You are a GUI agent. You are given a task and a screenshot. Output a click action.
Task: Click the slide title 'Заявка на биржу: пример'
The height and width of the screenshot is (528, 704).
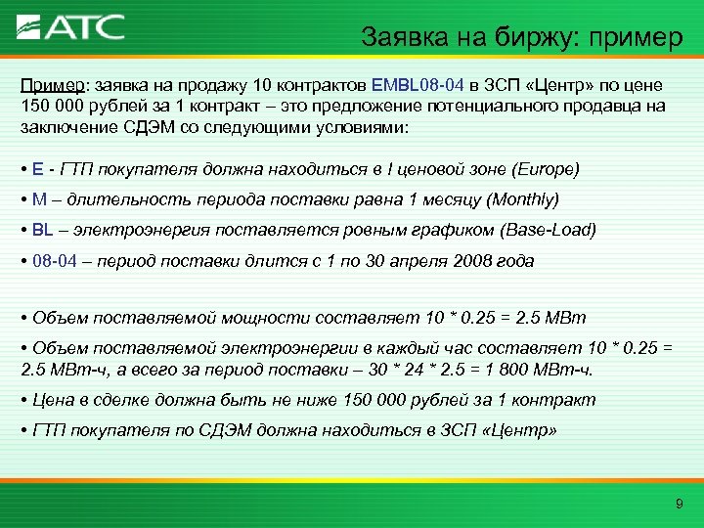pyautogui.click(x=521, y=38)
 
